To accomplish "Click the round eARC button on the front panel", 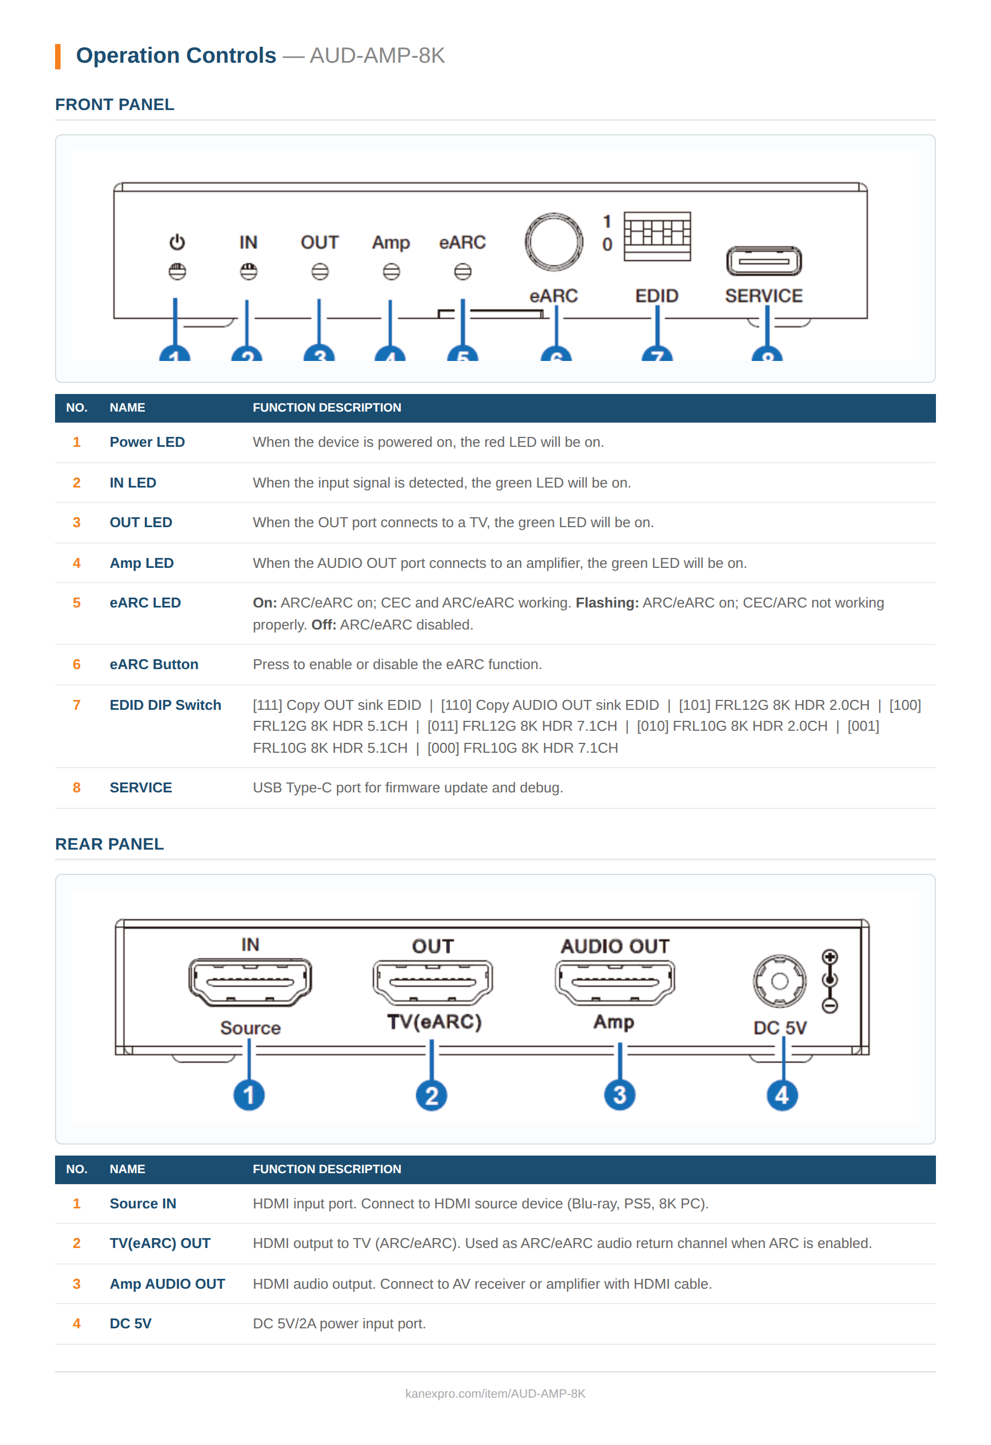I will tap(553, 242).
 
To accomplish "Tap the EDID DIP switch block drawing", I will tap(657, 236).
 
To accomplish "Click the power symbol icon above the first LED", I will tap(177, 242).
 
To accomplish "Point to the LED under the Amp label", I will tap(391, 272).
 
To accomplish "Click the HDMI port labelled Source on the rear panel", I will tap(249, 982).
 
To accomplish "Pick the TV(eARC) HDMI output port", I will tap(432, 982).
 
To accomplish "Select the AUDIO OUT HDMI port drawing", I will tap(614, 982).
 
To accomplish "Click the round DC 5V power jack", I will tap(779, 981).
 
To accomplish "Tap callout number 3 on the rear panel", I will tap(619, 1095).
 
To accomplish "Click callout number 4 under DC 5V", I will tap(781, 1095).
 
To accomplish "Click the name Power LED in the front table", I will tap(147, 442).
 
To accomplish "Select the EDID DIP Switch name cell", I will tap(165, 705).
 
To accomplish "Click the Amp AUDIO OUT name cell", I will tap(167, 1284).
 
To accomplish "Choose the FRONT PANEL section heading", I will tap(115, 105).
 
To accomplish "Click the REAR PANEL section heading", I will tap(110, 844).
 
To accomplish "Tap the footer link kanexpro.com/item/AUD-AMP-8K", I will tap(494, 1393).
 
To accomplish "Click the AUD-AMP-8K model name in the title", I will tap(377, 56).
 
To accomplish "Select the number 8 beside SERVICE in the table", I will tap(77, 788).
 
